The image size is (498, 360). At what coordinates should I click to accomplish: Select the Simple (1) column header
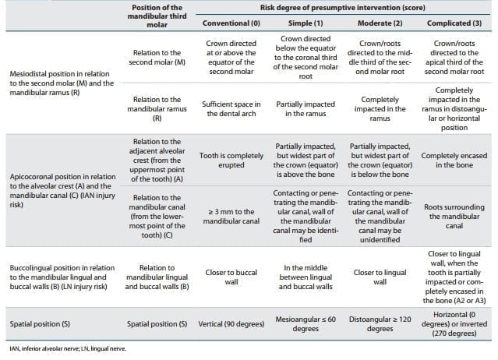coord(301,24)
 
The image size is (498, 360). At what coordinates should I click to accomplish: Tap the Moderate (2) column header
coord(378,24)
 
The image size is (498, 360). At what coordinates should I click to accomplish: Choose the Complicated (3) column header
coord(455,24)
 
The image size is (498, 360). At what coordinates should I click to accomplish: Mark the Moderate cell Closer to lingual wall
coord(378,277)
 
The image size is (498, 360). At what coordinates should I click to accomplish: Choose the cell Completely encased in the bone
coord(455,159)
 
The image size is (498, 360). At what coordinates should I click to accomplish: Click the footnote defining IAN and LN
coord(62,348)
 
